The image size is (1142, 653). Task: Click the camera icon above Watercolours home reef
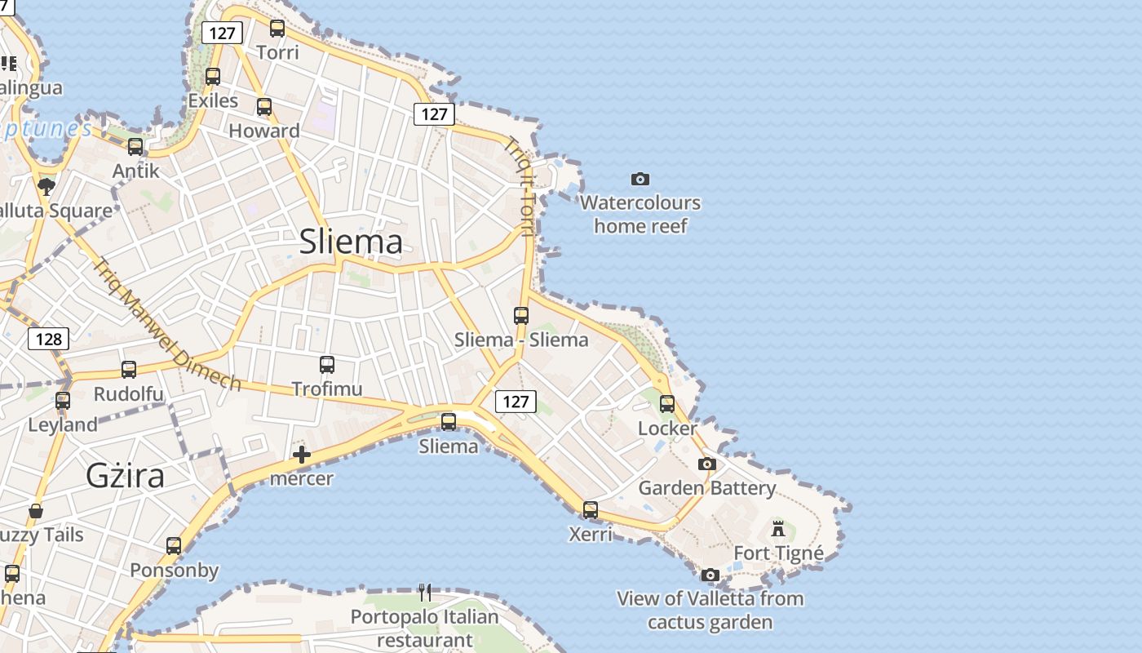[640, 179]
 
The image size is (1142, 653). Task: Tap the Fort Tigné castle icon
[778, 528]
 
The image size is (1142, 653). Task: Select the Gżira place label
[125, 475]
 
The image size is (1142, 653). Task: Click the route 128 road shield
[48, 339]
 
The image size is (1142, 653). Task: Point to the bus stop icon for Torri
[277, 29]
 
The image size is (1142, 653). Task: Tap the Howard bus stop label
[264, 131]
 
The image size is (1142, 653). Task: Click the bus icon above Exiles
[213, 77]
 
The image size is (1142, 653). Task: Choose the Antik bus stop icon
[135, 147]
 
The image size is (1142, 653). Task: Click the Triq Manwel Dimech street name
[166, 324]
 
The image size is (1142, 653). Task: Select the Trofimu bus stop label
[326, 389]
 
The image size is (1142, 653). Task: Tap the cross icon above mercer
[302, 455]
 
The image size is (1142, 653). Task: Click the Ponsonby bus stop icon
[174, 546]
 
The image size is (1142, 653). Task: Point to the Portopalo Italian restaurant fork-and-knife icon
[424, 592]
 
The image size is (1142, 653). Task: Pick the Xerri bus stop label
[590, 534]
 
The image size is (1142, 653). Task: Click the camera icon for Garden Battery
[707, 464]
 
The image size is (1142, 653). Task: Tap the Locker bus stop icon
[667, 403]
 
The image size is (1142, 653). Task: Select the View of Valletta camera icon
[710, 575]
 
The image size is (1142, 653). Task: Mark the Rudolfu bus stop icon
[129, 370]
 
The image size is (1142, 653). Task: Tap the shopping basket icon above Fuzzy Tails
[36, 512]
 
